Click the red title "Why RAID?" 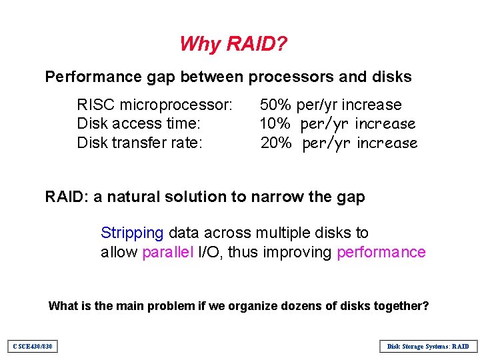233,44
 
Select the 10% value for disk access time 275,124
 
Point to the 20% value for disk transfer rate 275,143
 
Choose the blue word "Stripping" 132,233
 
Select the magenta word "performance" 381,252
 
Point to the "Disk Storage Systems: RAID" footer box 428,346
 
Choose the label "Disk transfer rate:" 140,143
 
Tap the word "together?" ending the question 400,306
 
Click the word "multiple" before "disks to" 285,233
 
